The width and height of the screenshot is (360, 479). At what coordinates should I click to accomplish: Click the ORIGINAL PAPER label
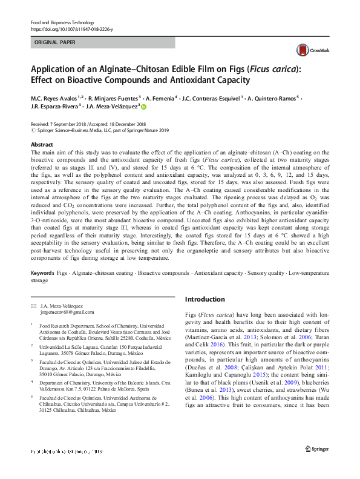pyautogui.click(x=55, y=43)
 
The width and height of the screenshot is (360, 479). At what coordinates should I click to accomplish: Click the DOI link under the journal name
pyautogui.click(x=71, y=29)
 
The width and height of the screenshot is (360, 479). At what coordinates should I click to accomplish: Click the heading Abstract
pyautogui.click(x=42, y=145)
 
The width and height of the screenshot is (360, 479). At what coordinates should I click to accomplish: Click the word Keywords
pyautogui.click(x=43, y=274)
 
